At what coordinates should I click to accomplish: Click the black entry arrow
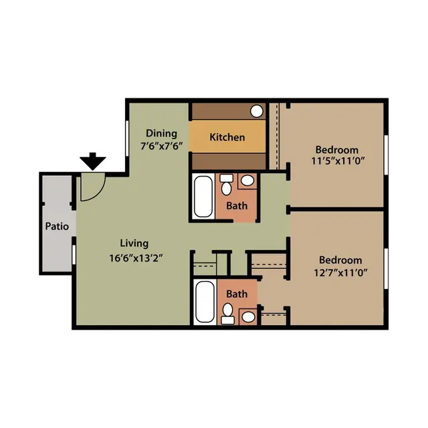click(93, 161)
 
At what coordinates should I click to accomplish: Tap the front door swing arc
click(99, 193)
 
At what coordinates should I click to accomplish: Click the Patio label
click(57, 226)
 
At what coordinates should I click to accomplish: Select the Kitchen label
click(227, 137)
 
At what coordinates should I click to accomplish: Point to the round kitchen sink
click(257, 111)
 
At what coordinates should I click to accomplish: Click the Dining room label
click(161, 134)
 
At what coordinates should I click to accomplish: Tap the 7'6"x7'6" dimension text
click(161, 146)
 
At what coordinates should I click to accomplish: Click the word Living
click(134, 243)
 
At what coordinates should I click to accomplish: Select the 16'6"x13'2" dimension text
click(136, 258)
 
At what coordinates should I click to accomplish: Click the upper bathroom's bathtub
click(203, 197)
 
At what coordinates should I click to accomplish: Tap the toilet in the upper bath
click(226, 185)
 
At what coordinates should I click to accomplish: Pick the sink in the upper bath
click(247, 181)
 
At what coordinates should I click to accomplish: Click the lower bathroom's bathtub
click(205, 302)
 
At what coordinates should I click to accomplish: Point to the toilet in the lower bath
click(227, 314)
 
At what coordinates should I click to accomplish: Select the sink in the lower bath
click(249, 316)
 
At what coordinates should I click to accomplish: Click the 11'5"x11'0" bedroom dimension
click(338, 161)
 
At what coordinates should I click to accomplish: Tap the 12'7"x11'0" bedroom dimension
click(340, 273)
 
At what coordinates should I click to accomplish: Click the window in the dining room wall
click(127, 138)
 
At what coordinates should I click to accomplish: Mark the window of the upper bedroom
click(386, 155)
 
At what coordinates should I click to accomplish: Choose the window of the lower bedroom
click(386, 268)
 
